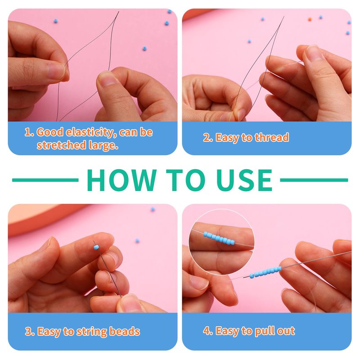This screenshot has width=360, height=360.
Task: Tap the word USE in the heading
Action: click(244, 180)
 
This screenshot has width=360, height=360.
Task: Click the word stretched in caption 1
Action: click(58, 145)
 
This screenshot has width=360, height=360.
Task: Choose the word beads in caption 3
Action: click(125, 331)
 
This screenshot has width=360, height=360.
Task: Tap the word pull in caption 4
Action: click(265, 331)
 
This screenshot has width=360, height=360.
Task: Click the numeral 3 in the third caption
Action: click(28, 332)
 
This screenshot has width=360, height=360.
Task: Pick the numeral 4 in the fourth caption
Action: click(206, 331)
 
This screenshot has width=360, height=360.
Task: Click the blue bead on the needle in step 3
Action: click(96, 247)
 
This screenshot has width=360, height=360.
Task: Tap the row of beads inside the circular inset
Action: click(219, 238)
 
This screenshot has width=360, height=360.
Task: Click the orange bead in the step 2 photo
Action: click(310, 19)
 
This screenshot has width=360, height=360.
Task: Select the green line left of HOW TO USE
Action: click(45, 180)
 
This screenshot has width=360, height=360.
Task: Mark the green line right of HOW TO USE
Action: click(314, 180)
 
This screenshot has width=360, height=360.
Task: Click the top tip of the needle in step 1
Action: click(119, 12)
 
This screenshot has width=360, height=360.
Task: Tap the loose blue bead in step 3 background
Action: click(137, 241)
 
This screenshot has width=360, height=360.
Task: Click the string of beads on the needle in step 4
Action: click(266, 272)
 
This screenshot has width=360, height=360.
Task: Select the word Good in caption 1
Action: click(50, 132)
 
